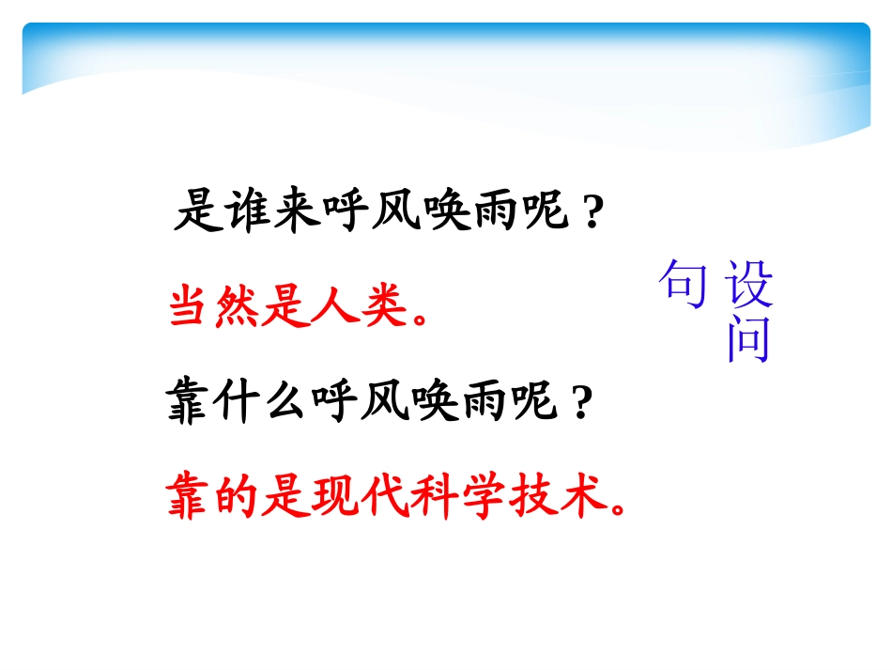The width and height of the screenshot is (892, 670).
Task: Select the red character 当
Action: (190, 307)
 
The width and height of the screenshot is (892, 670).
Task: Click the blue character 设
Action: (749, 284)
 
